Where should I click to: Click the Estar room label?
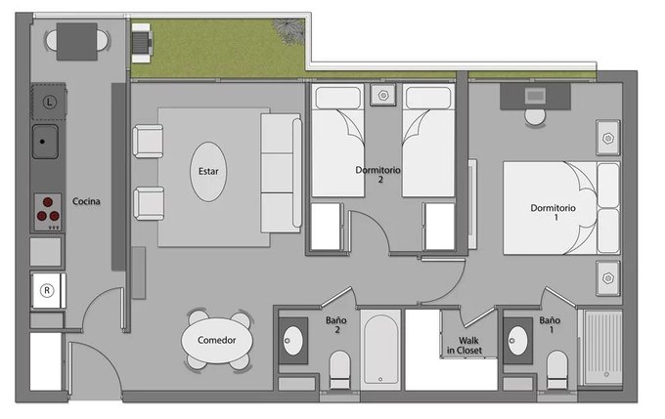tap(208, 171)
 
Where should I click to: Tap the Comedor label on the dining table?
tap(217, 340)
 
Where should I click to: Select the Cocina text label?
tap(86, 201)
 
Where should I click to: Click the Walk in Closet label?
tap(465, 346)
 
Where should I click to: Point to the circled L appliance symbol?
tap(50, 102)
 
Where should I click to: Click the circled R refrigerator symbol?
tap(47, 290)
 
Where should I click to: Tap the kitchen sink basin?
tap(45, 141)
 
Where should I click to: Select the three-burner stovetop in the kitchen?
tap(48, 212)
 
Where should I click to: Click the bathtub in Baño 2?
tap(380, 350)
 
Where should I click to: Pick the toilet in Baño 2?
tap(340, 369)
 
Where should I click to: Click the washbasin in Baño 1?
tap(518, 341)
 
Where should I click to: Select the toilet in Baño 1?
tap(556, 369)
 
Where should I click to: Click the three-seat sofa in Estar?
tap(282, 173)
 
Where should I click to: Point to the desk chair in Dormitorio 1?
tap(535, 117)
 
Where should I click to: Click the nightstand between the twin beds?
tap(383, 95)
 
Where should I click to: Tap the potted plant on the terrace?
tap(289, 31)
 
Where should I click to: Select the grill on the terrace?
tap(142, 43)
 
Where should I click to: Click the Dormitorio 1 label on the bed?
tap(554, 212)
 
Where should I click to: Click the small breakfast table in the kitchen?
tap(76, 42)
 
